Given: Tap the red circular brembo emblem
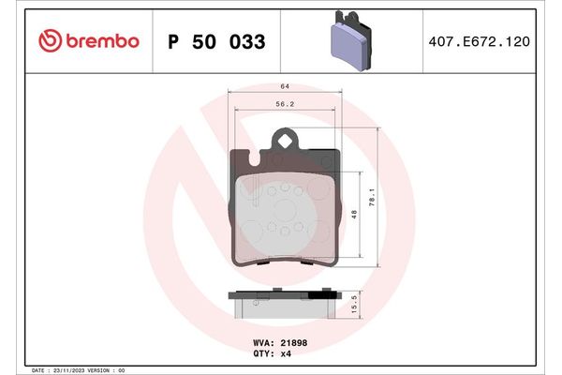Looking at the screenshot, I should (x=49, y=41).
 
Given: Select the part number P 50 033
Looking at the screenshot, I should (x=215, y=42).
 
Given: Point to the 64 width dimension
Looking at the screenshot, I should (x=284, y=86).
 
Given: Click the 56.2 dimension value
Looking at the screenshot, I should (x=284, y=105).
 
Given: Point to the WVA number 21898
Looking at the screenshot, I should (x=293, y=343).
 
